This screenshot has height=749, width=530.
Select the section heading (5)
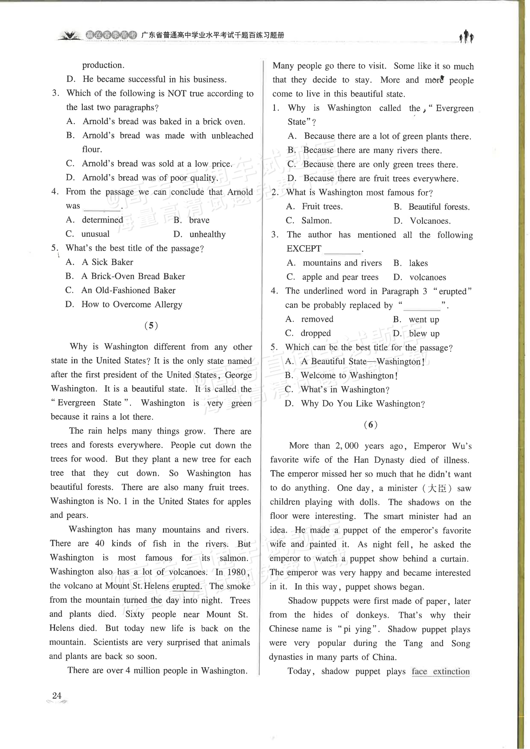pyautogui.click(x=151, y=325)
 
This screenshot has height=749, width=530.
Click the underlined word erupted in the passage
pyautogui.click(x=186, y=586)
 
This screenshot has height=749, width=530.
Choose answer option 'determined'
pyautogui.click(x=102, y=220)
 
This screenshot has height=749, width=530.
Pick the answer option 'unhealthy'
pyautogui.click(x=207, y=234)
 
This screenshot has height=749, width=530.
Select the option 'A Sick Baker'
pyautogui.click(x=107, y=262)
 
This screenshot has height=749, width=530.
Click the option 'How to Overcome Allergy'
pyautogui.click(x=131, y=304)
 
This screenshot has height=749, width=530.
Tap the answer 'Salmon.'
pyautogui.click(x=316, y=221)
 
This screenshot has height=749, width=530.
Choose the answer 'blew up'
pyautogui.click(x=424, y=334)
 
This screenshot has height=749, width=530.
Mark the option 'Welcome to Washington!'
pyautogui.click(x=349, y=375)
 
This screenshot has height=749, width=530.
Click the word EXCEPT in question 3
pyautogui.click(x=304, y=249)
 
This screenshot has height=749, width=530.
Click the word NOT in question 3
pyautogui.click(x=177, y=94)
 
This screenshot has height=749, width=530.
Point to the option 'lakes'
pyautogui.click(x=418, y=263)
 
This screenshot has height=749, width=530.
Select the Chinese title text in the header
pyautogui.click(x=212, y=35)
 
